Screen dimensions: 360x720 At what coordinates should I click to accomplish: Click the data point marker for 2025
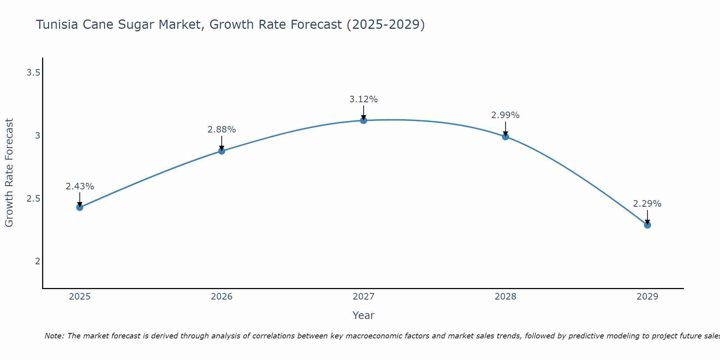[x=80, y=207]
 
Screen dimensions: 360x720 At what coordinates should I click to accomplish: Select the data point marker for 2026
[x=222, y=151]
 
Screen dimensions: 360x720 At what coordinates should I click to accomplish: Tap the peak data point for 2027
[x=364, y=120]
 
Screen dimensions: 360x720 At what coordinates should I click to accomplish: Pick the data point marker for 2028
[x=505, y=136]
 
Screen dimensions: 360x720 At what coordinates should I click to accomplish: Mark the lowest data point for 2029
[x=647, y=225]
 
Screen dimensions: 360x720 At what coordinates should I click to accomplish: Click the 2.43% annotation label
[x=80, y=186]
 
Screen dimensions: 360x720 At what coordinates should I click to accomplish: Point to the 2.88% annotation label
[x=222, y=130]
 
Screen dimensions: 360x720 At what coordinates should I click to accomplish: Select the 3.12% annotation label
[x=364, y=99]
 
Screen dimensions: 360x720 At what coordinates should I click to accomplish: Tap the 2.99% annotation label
[x=505, y=115]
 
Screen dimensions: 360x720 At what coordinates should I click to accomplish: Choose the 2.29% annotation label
[x=647, y=204]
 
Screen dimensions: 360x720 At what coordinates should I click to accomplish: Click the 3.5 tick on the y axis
[x=33, y=73]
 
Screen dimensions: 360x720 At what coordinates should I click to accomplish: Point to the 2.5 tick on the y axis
[x=33, y=199]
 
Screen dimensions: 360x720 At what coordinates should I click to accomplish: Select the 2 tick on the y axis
[x=37, y=261]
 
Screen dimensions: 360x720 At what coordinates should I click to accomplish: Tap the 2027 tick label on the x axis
[x=364, y=297]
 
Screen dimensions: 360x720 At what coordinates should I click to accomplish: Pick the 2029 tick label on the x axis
[x=647, y=297]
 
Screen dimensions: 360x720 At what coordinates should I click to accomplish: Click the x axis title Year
[x=364, y=315]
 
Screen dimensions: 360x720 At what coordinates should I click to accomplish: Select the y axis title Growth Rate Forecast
[x=9, y=173]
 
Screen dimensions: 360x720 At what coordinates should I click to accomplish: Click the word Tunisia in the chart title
[x=57, y=24]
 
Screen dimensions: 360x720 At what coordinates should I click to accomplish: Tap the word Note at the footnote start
[x=54, y=336]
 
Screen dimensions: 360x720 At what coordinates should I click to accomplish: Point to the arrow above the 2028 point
[x=505, y=129]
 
